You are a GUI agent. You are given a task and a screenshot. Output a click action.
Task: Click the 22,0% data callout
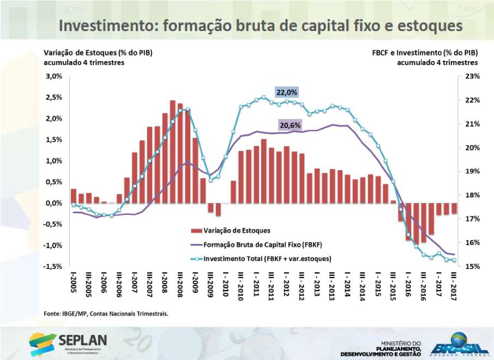tap(287, 92)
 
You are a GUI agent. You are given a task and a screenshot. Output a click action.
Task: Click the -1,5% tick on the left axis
tap(53, 266)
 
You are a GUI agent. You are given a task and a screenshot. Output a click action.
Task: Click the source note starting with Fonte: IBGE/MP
tap(106, 314)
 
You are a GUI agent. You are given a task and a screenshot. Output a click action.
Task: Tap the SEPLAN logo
tap(69, 343)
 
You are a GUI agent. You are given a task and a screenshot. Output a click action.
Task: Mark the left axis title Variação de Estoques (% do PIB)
tap(98, 53)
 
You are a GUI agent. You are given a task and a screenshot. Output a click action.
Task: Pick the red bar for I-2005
tap(74, 196)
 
